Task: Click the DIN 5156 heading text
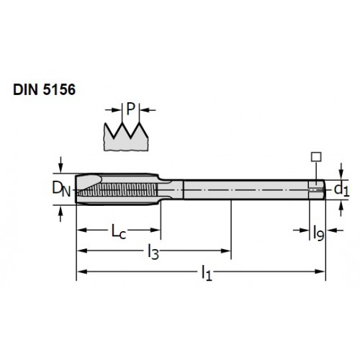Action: (x=44, y=90)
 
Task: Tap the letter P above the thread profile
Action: (x=131, y=109)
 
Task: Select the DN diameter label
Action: (x=61, y=189)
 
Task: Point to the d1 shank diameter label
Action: (x=342, y=190)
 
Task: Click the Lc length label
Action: (x=119, y=231)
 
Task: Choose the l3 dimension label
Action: (x=153, y=252)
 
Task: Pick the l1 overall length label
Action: (x=207, y=273)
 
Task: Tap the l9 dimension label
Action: (x=319, y=233)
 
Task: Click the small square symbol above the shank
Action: (x=316, y=157)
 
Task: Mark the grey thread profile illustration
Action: (x=126, y=138)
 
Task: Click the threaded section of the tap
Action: (x=117, y=189)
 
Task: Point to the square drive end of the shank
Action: (x=317, y=189)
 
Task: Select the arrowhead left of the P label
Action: (x=116, y=110)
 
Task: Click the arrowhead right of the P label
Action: (x=145, y=110)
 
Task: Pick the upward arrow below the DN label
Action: (x=60, y=213)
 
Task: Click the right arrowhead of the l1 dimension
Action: (x=320, y=271)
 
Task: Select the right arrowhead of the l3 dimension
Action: (x=225, y=251)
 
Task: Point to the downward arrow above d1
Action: (x=341, y=171)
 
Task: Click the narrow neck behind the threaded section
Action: (x=171, y=189)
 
